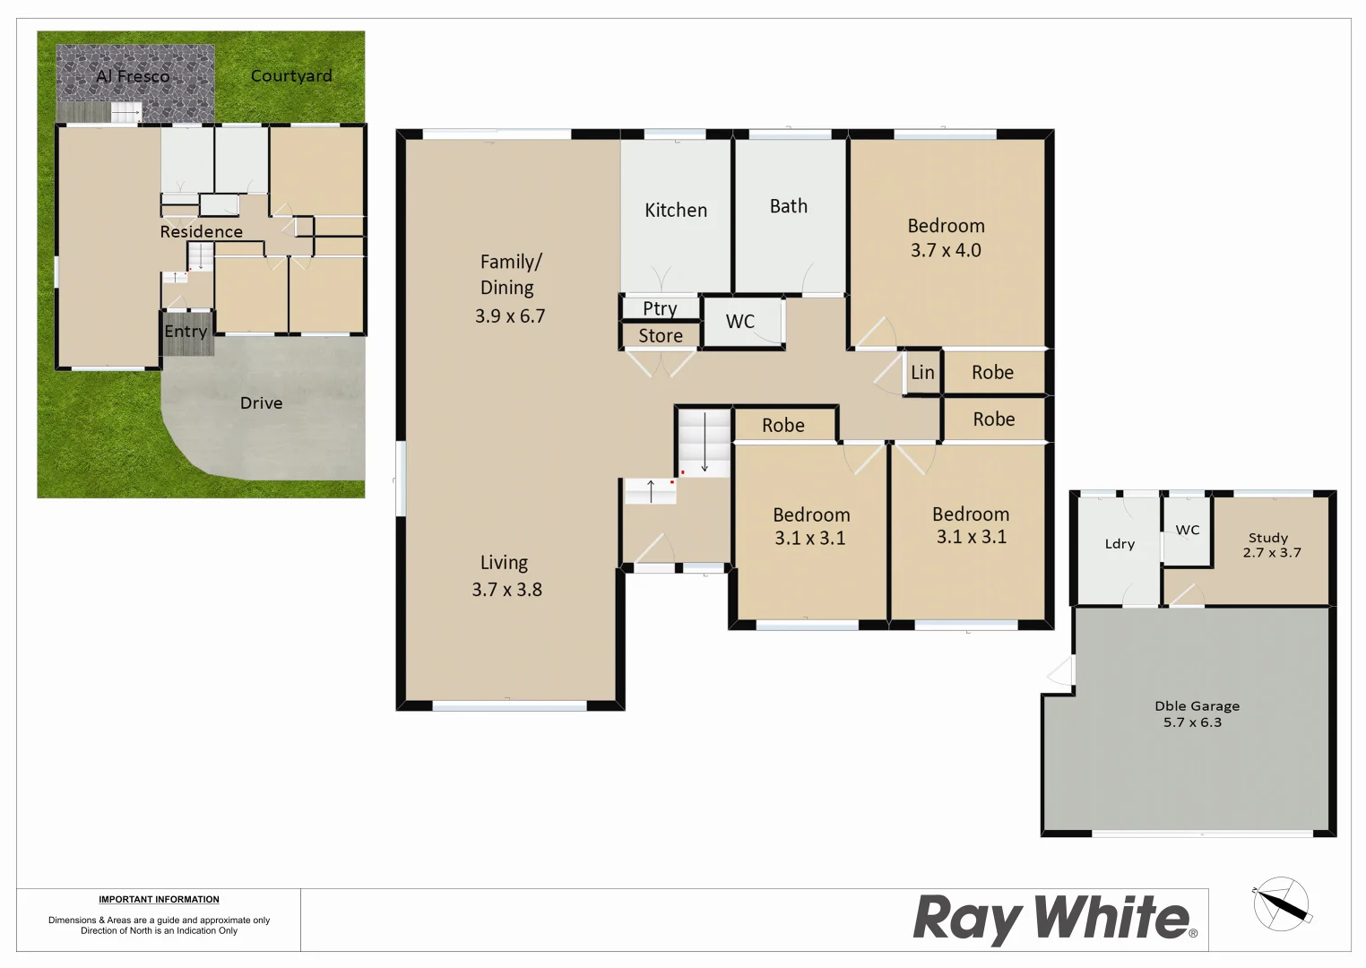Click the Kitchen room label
676,211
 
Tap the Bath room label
789,207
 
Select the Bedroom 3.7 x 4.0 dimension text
946,251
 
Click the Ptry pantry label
660,309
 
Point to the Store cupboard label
661,336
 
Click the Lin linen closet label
922,373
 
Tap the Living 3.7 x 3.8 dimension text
507,590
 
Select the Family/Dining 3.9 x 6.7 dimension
510,316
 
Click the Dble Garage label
1197,706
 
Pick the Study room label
1268,538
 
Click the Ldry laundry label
1120,544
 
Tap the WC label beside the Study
1188,531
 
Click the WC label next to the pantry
740,322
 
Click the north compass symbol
1282,903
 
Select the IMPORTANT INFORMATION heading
159,900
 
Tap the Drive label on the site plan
262,403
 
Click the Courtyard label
291,76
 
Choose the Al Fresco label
133,77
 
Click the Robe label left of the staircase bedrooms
783,426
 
